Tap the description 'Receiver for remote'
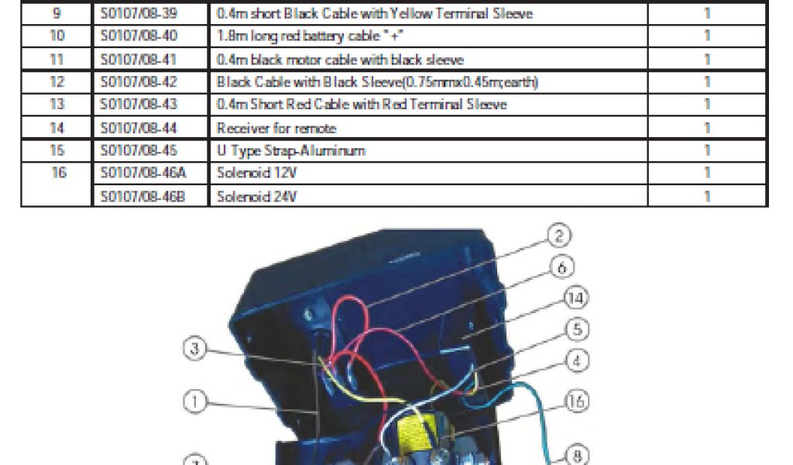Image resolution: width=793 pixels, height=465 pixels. (276, 128)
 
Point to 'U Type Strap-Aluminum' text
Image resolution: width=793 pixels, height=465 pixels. (290, 151)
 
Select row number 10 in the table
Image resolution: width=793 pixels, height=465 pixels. (56, 36)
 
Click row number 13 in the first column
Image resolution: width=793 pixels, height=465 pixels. (56, 105)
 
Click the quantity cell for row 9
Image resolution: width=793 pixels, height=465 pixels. (707, 14)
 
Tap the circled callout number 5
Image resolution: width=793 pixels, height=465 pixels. (573, 329)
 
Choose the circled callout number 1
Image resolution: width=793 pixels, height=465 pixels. (195, 401)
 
